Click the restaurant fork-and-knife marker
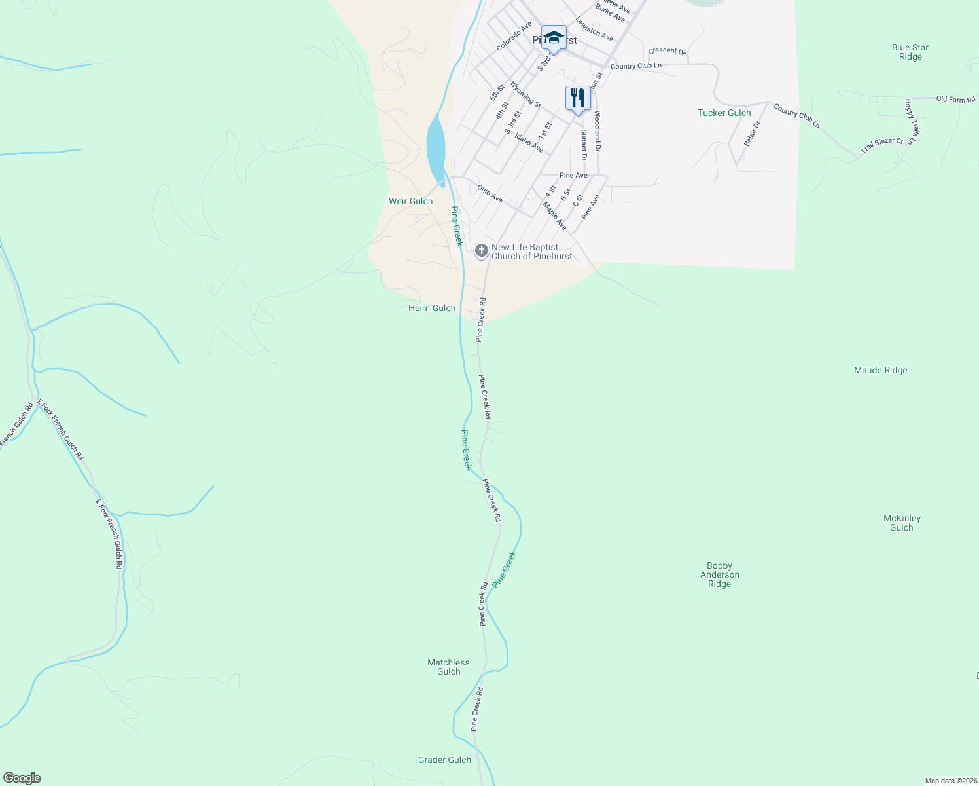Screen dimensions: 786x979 (577, 98)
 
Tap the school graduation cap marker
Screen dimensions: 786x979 (554, 37)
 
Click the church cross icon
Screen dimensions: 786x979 (481, 250)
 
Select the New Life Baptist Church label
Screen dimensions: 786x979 (531, 252)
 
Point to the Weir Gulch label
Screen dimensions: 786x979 (410, 201)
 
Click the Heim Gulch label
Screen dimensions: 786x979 (431, 308)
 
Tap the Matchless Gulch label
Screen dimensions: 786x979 (448, 667)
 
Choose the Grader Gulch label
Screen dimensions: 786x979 (444, 760)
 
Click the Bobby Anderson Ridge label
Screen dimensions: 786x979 (719, 574)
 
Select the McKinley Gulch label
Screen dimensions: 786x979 (901, 523)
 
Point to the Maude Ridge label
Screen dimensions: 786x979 (880, 370)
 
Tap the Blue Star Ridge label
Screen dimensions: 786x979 (910, 52)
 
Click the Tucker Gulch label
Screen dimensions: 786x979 (724, 113)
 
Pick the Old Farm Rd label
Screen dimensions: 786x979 (955, 99)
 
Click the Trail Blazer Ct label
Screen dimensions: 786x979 (881, 145)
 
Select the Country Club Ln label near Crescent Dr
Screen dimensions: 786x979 (635, 66)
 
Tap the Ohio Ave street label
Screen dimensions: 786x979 (489, 193)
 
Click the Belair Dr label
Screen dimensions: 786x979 (752, 134)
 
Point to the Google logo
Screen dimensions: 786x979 (22, 778)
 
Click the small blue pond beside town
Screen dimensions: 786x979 (435, 147)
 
